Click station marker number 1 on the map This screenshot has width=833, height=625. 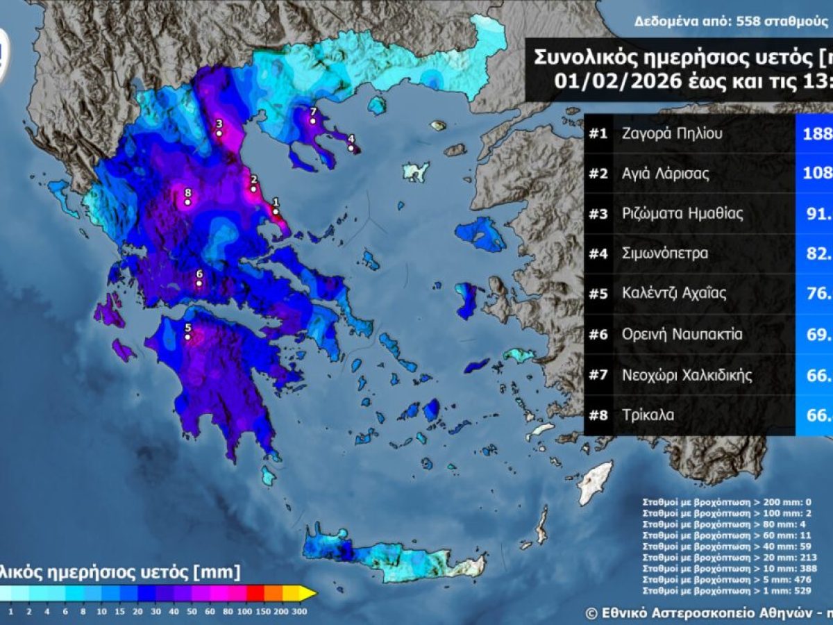[x=276, y=212]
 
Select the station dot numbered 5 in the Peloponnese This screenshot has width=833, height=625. [x=187, y=337]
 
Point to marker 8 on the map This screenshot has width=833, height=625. [x=187, y=202]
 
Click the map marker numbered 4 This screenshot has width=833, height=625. [x=351, y=148]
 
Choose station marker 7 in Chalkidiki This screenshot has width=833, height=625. [x=313, y=121]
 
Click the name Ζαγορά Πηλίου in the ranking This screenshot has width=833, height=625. [x=672, y=133]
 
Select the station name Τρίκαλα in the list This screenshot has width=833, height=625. [x=648, y=415]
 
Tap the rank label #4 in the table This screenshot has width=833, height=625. [x=598, y=253]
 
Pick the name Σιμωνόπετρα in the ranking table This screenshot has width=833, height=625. [x=665, y=253]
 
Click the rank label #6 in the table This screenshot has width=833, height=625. [x=598, y=335]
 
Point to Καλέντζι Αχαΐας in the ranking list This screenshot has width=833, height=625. [x=674, y=294]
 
